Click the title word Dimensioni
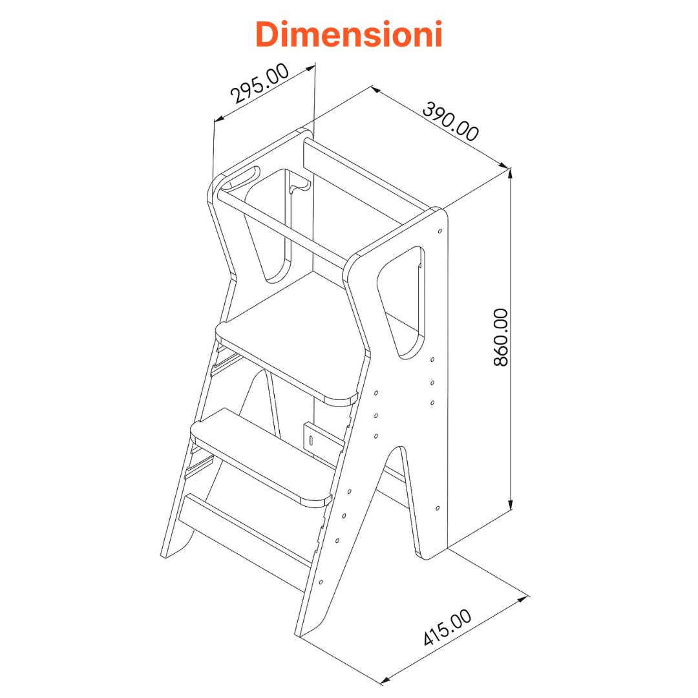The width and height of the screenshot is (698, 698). coord(349,34)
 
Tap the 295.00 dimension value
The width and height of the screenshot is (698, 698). coord(260,84)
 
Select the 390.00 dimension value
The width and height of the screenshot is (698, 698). coord(450,122)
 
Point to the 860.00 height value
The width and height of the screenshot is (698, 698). coord(501,337)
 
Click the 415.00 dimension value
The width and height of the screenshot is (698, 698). coord(447,628)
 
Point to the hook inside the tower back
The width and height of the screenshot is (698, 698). coord(299,188)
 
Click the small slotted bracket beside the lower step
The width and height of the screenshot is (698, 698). coord(312,439)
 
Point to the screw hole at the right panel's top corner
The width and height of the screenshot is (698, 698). coord(440,230)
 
